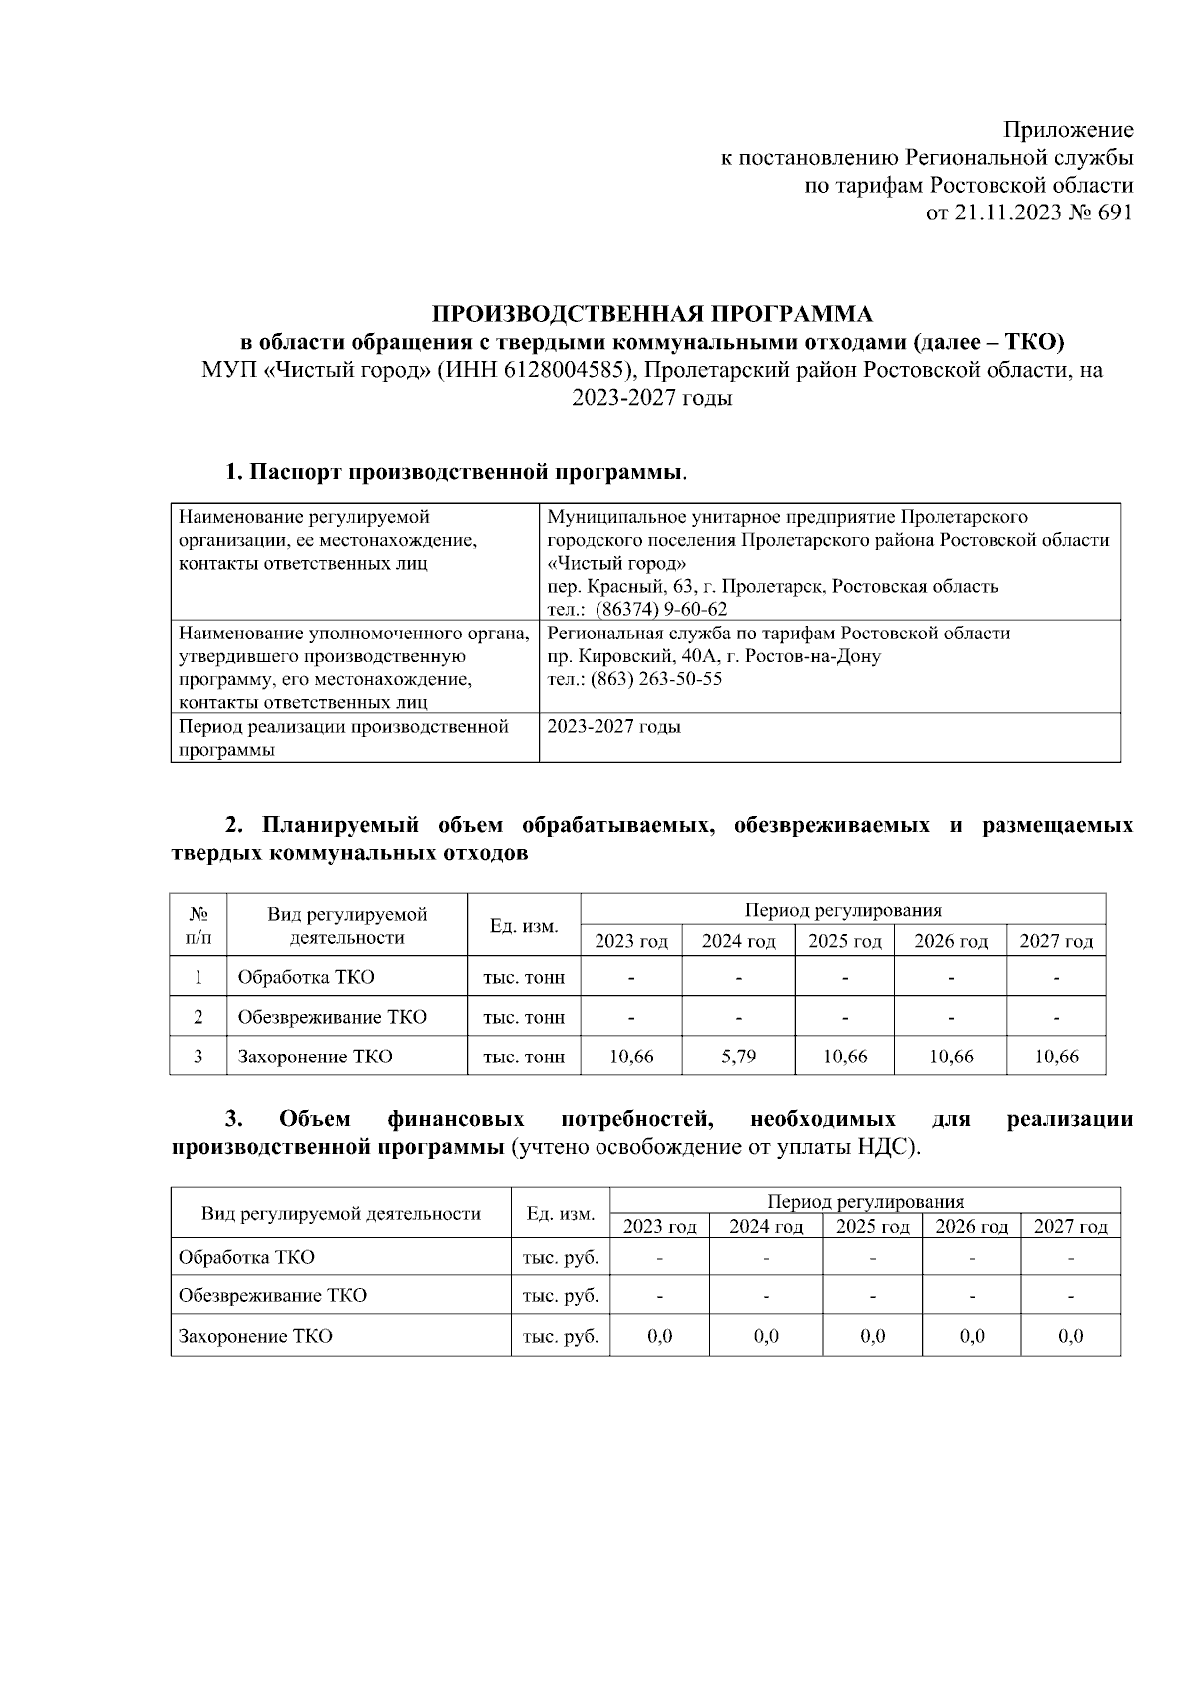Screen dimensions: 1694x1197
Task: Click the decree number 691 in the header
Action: click(x=1115, y=212)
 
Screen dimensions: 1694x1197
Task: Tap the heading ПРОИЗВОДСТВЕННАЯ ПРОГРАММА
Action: click(x=651, y=315)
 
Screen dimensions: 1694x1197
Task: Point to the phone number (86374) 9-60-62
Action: click(x=661, y=610)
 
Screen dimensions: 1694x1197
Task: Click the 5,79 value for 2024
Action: click(x=738, y=1057)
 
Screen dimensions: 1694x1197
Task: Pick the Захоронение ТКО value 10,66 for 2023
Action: click(x=631, y=1057)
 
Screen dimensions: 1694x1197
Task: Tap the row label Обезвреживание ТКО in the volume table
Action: click(x=331, y=1017)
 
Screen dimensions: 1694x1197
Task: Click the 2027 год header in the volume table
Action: click(x=1056, y=941)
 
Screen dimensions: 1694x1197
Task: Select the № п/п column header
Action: click(x=199, y=925)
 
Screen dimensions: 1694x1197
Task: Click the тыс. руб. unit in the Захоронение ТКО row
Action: click(x=560, y=1336)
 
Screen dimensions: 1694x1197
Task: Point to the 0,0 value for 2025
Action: click(x=872, y=1336)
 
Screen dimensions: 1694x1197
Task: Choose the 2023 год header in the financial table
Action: click(x=659, y=1227)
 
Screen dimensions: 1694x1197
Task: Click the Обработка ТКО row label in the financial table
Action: click(x=246, y=1257)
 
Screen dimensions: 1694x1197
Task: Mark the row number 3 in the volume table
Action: click(x=199, y=1057)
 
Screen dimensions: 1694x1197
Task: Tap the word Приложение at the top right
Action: click(x=1068, y=130)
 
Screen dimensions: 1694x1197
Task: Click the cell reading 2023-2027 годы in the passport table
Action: click(x=614, y=727)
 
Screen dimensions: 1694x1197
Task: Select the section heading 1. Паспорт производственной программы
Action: click(x=455, y=471)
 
